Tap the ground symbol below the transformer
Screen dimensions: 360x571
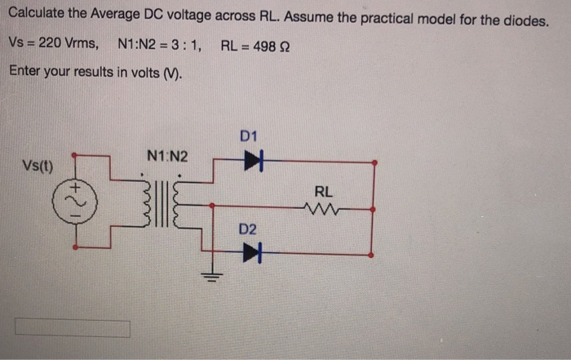[211, 275]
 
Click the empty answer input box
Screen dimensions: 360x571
[72, 328]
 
